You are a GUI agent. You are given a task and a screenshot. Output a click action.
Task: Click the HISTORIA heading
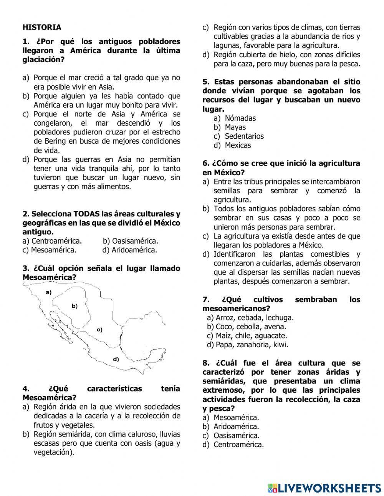click(42, 27)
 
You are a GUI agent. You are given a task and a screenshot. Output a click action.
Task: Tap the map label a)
click(48, 292)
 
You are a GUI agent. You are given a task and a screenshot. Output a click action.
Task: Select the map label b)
click(74, 306)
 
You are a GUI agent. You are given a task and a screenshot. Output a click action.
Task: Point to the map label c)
click(99, 330)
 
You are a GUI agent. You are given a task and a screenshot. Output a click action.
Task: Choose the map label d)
click(116, 359)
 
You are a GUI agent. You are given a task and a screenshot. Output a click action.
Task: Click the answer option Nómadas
click(240, 118)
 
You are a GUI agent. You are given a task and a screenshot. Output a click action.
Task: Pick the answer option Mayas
click(235, 127)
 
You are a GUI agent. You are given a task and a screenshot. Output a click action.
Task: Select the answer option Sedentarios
click(244, 136)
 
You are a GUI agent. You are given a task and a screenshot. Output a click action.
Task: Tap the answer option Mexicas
click(238, 145)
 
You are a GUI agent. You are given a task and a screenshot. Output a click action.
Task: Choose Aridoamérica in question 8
click(236, 426)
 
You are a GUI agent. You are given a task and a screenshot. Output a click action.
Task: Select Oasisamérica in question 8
click(237, 436)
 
